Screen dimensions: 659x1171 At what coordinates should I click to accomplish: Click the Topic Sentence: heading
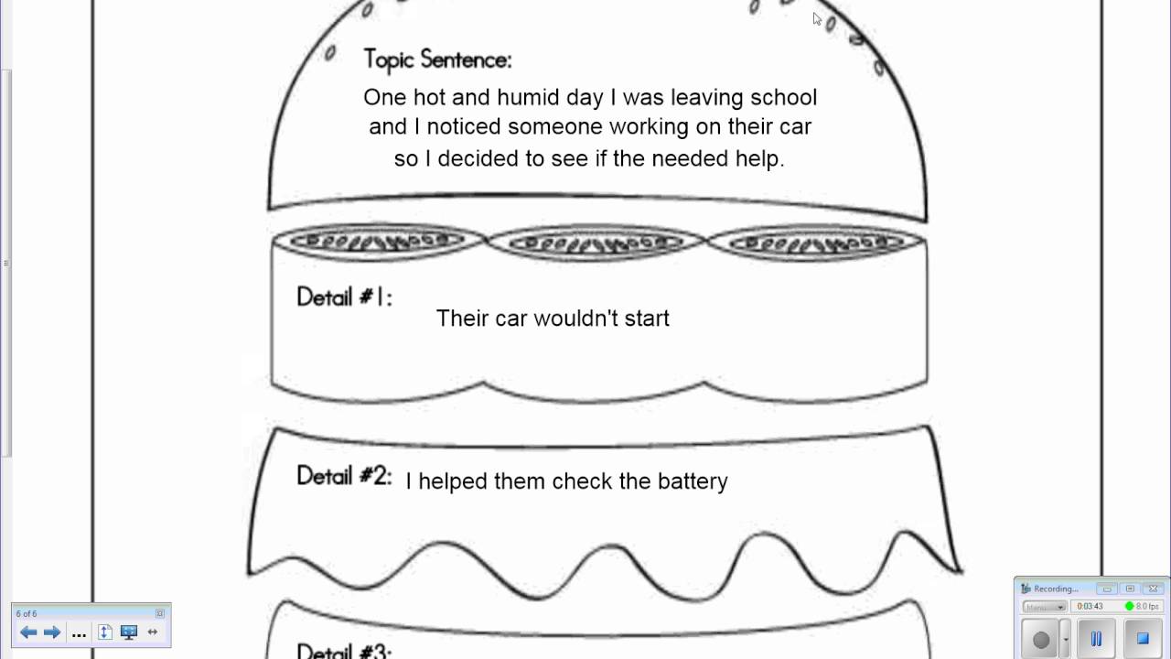tap(437, 60)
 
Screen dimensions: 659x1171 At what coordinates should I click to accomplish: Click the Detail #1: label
tap(344, 297)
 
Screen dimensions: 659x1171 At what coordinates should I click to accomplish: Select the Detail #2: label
tap(344, 477)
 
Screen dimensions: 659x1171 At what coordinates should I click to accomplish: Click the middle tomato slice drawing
tap(596, 243)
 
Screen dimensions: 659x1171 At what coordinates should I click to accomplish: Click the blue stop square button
tap(1142, 638)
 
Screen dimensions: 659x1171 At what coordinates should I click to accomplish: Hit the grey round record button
tap(1041, 640)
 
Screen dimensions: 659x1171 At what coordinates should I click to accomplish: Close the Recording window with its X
tap(1153, 589)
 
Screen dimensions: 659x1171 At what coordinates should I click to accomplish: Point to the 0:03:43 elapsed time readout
tap(1090, 606)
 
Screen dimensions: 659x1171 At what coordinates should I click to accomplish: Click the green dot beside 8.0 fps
tap(1130, 606)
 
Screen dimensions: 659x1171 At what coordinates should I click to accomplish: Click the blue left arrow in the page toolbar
tap(28, 632)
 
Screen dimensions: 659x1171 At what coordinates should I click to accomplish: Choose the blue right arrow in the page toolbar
tap(52, 632)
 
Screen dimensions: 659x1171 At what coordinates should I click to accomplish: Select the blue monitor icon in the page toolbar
tap(129, 632)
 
